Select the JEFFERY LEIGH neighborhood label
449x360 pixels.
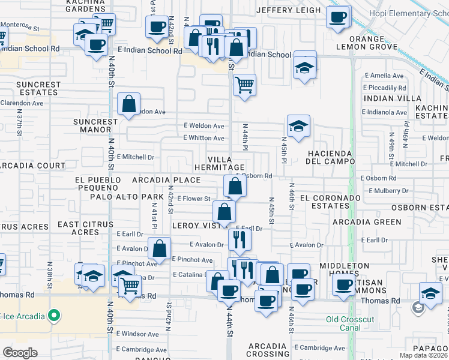tap(288, 10)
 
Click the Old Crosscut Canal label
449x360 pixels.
tap(352, 323)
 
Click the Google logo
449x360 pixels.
tap(20, 353)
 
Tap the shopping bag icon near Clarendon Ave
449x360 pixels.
tap(129, 104)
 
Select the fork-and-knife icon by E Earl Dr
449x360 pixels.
tap(240, 239)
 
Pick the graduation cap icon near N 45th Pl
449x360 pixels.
tap(298, 126)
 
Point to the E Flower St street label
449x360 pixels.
tap(193, 199)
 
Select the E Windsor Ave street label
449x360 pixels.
tap(137, 334)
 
